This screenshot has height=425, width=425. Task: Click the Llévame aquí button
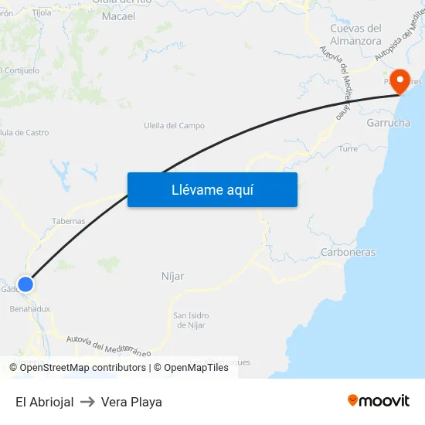212,189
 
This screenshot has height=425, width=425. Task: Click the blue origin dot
25,284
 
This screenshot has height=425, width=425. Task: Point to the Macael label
118,16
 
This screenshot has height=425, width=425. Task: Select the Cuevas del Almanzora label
355,34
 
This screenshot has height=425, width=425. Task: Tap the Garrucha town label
388,123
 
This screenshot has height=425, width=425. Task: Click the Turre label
348,148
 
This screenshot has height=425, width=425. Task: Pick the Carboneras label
348,252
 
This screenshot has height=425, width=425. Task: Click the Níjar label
172,276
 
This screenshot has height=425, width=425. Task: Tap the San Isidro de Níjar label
189,320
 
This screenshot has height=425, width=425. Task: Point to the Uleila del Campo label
174,125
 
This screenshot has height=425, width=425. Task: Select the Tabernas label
69,221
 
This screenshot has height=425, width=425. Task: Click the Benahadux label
29,308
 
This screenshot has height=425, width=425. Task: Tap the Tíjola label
42,12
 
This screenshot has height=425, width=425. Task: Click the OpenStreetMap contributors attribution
83,368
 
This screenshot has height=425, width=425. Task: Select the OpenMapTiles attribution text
195,368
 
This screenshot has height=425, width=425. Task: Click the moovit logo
379,401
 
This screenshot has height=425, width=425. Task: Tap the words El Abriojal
44,402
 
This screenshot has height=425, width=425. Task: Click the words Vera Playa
131,402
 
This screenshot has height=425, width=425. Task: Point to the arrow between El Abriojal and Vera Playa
87,402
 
